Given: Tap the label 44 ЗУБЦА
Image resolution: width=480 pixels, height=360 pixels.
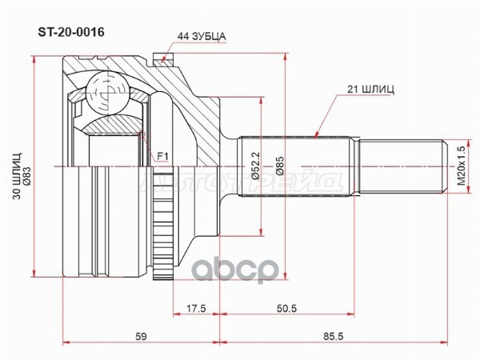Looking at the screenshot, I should (x=202, y=36).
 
